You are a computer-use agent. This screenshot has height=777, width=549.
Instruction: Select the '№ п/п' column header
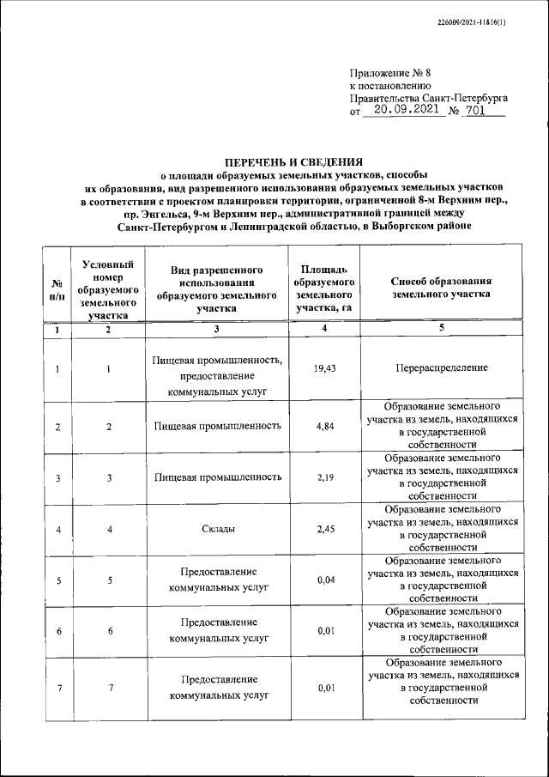[56, 288]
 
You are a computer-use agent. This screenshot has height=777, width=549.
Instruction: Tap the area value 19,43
[324, 368]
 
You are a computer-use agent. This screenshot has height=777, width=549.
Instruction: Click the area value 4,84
[324, 426]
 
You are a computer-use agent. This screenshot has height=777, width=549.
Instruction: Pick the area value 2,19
[324, 477]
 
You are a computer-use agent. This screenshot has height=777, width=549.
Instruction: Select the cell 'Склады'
[217, 529]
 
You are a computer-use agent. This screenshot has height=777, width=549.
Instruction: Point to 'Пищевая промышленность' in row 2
[217, 426]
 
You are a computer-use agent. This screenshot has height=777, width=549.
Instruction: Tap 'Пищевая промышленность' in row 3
[217, 477]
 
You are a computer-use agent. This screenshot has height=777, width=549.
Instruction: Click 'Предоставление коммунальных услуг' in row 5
[217, 580]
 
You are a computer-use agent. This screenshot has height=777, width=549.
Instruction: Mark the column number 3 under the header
[217, 329]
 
